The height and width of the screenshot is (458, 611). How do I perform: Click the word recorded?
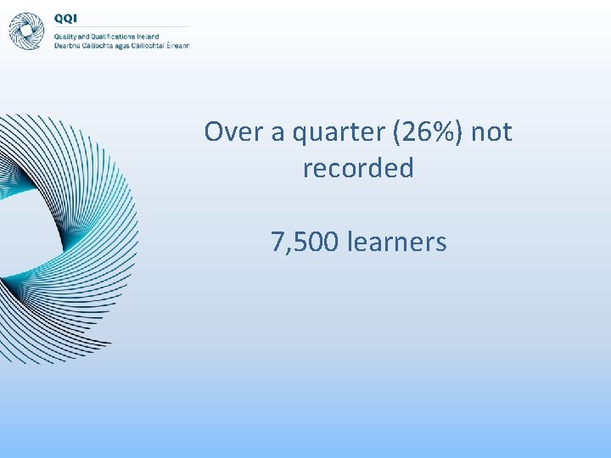pyautogui.click(x=358, y=168)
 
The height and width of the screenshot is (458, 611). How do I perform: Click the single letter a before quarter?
pyautogui.click(x=276, y=133)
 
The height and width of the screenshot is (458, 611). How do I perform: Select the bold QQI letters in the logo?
pyautogui.click(x=65, y=18)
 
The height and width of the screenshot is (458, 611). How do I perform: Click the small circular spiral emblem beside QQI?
pyautogui.click(x=26, y=31)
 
